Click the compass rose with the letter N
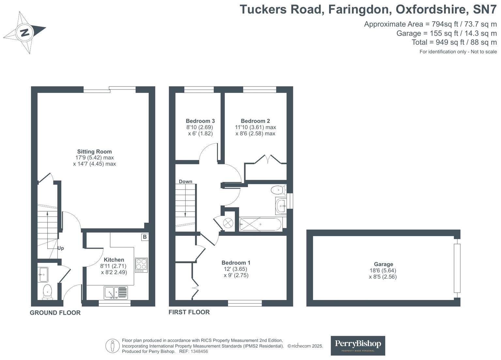click(x=24, y=32)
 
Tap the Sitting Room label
click(x=94, y=151)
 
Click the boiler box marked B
click(x=144, y=237)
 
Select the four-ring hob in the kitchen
click(x=141, y=265)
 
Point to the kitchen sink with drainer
click(x=116, y=292)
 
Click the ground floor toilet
click(x=47, y=292)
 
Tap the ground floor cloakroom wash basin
click(x=43, y=275)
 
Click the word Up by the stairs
click(x=61, y=248)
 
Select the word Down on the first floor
click(x=186, y=181)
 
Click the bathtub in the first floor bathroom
click(x=260, y=224)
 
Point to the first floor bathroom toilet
click(x=278, y=189)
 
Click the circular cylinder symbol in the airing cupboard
click(x=228, y=223)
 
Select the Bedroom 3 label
click(x=200, y=121)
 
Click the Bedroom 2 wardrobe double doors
click(x=267, y=159)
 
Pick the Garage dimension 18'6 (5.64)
click(x=383, y=270)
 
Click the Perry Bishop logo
click(x=358, y=345)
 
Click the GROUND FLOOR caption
click(x=55, y=313)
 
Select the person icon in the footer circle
click(x=113, y=346)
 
